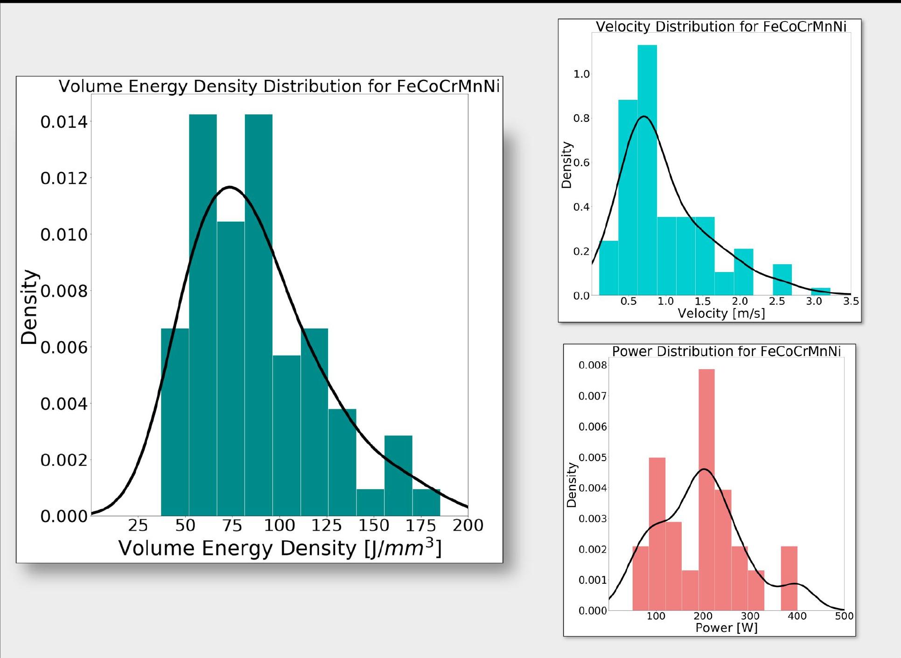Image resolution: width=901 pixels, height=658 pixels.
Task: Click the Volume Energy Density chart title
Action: point(279,86)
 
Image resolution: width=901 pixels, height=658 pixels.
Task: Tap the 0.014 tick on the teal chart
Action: point(64,122)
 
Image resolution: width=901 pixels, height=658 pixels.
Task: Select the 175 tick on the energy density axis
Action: point(421,525)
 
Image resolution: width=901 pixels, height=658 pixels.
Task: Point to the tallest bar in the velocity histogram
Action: point(647,168)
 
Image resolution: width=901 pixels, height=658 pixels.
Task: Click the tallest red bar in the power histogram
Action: point(706,490)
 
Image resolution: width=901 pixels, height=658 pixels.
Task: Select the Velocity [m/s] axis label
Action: point(721,313)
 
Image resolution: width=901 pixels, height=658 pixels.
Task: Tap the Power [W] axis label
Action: point(726,628)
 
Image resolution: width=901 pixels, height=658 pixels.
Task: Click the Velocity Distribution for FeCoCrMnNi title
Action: point(721,27)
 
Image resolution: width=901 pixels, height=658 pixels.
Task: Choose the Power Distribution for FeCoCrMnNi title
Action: point(726,351)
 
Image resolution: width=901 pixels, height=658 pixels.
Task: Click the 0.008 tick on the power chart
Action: point(593,365)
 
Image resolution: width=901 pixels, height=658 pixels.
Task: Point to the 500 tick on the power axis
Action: point(844,616)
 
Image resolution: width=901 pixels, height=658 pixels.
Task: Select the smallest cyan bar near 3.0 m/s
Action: point(821,292)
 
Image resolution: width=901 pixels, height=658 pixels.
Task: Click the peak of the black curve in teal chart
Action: point(230,187)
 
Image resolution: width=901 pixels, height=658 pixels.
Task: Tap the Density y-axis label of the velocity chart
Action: point(566,165)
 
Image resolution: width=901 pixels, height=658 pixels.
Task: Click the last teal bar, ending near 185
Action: point(426,503)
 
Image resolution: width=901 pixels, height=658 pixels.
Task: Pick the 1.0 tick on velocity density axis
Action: point(581,74)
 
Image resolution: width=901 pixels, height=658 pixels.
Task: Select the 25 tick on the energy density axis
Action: point(138,525)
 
